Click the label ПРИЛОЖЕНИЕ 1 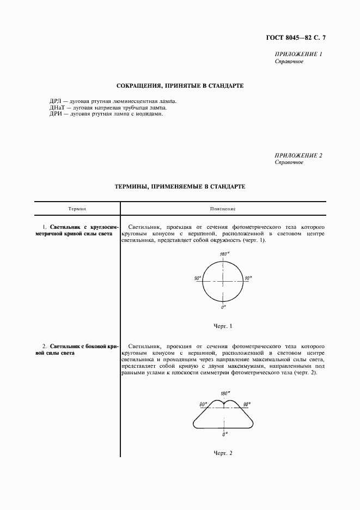click(x=299, y=54)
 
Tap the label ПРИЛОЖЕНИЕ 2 click(x=299, y=155)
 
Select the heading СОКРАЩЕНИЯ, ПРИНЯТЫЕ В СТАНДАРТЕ click(x=180, y=86)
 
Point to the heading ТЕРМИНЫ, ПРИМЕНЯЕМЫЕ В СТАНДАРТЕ click(x=180, y=186)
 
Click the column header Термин click(x=77, y=209)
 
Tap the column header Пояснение click(x=222, y=209)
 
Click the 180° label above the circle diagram click(x=223, y=254)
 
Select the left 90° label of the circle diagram click(x=197, y=278)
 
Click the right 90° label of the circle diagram click(x=248, y=278)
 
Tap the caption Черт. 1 click(x=223, y=326)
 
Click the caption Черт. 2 click(x=223, y=453)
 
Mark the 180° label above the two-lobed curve click(x=224, y=393)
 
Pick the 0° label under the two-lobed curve click(x=224, y=435)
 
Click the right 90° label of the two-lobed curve click(x=247, y=404)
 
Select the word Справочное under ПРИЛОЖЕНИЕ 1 click(x=289, y=62)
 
